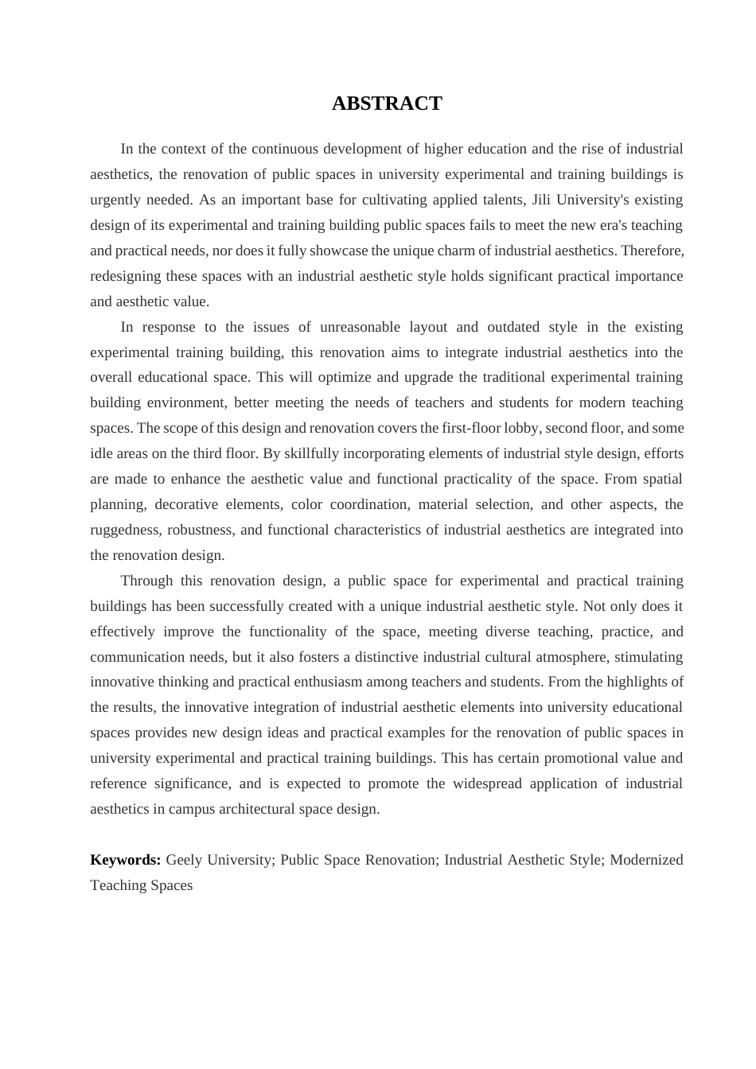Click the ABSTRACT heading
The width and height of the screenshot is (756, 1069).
pyautogui.click(x=387, y=103)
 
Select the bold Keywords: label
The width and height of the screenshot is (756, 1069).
pyautogui.click(x=126, y=860)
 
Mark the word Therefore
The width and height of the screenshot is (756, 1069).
pyautogui.click(x=652, y=251)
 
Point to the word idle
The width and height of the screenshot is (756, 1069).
pyautogui.click(x=102, y=453)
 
